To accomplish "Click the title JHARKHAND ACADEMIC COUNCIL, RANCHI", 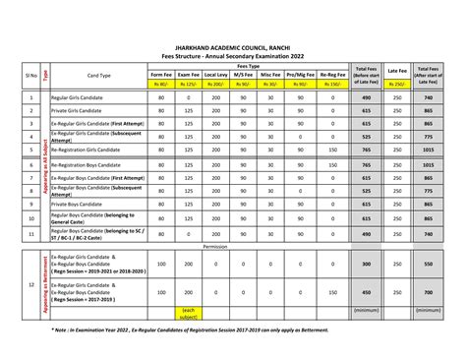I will tap(233, 45).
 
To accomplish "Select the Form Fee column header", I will tap(160, 75).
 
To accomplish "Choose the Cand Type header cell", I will tap(99, 75).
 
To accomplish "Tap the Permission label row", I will tap(214, 248).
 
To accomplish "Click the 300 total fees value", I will tap(367, 265).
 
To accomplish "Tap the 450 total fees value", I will tap(367, 292).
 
